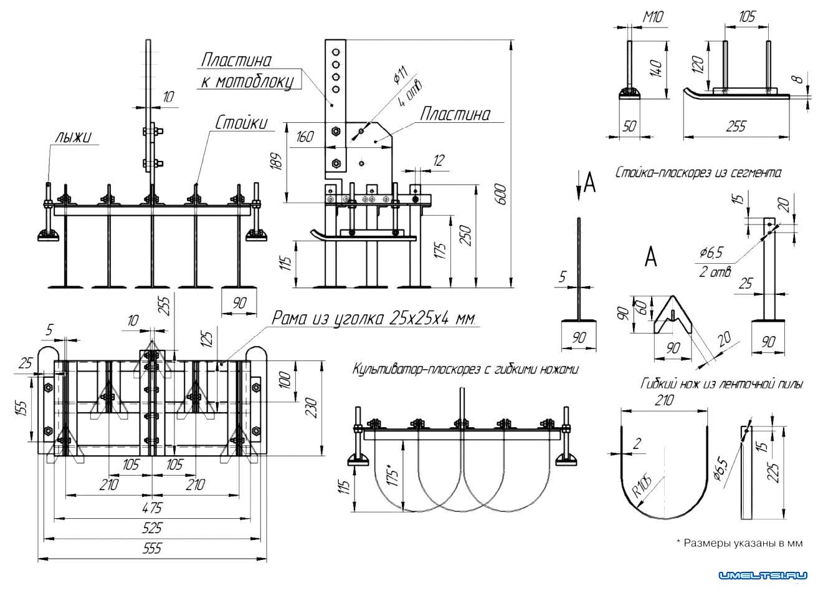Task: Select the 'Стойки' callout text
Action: coord(242,123)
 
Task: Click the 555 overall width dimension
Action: coord(152,549)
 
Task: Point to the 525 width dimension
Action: coord(152,528)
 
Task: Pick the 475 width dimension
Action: coord(152,506)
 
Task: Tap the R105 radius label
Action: coord(642,482)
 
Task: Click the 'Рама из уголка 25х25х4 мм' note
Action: coord(374,319)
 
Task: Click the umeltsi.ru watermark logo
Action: coord(764,575)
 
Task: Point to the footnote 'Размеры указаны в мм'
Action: coord(740,543)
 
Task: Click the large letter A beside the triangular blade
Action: coord(650,257)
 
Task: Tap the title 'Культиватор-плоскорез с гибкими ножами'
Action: coord(465,369)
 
